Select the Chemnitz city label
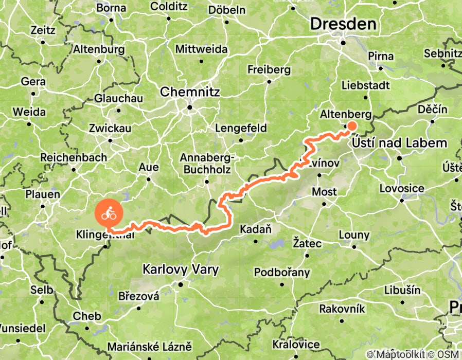[x=190, y=93]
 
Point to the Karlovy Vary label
[x=181, y=269]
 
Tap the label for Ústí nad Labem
[x=400, y=143]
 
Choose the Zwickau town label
[x=110, y=128]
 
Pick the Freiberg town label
[x=269, y=69]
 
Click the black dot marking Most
[x=324, y=203]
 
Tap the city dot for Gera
[x=33, y=94]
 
